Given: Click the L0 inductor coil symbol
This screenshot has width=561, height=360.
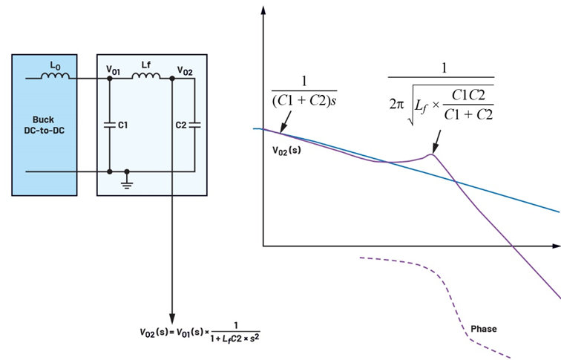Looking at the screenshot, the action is pos(55,76).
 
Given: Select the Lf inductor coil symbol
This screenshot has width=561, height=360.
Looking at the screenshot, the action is pos(146,76).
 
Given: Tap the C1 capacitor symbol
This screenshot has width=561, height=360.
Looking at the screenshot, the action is pos(110,125).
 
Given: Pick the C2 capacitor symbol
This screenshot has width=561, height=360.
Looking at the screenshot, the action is pos(194,125).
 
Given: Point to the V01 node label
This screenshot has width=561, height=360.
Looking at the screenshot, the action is pos(113,70).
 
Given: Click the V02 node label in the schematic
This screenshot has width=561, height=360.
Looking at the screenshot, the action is pos(185,71).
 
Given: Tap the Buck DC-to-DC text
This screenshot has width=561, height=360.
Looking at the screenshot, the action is pos(44,125).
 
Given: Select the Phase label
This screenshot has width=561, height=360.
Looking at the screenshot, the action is pos(484,329).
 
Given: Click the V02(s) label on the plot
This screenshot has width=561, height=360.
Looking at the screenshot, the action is pos(286,150).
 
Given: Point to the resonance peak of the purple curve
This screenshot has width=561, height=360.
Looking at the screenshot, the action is pos(432,154).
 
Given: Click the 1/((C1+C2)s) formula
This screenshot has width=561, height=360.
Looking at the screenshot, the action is pos(304,91).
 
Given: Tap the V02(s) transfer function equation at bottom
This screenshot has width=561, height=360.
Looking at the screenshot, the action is pos(200,333).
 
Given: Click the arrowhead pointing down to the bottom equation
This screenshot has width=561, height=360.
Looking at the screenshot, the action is pos(172,318).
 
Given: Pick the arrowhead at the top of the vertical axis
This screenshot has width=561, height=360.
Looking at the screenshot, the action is pos(263,10).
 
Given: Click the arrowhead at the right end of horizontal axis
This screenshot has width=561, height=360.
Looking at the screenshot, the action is pos(557,246).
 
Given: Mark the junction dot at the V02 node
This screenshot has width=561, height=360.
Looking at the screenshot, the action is pos(172,79).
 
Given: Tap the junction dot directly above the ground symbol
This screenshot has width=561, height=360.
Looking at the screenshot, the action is pos(127,171).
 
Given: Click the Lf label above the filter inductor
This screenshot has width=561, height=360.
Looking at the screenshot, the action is pos(146,65).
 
